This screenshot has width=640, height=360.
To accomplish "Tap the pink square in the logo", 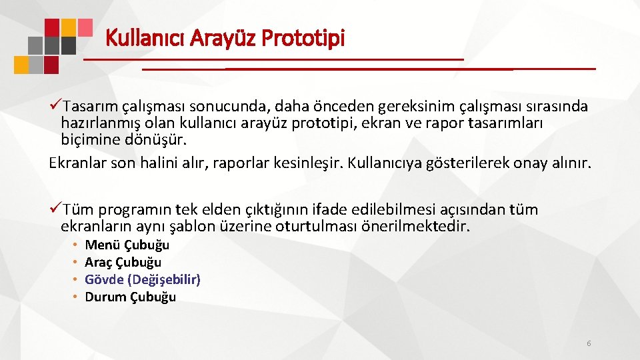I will point(85,27).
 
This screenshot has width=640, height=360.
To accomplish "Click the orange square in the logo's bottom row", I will point(21,65).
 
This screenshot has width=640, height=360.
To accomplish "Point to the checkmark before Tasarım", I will point(56,107).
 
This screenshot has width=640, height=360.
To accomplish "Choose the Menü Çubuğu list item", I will point(127,245).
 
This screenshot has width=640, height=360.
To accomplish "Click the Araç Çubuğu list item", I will point(123,262).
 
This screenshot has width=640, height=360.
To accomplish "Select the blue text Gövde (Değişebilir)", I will point(143,279).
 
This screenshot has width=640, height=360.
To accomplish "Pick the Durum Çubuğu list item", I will point(130,297).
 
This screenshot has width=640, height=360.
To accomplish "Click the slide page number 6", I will point(589,343).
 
